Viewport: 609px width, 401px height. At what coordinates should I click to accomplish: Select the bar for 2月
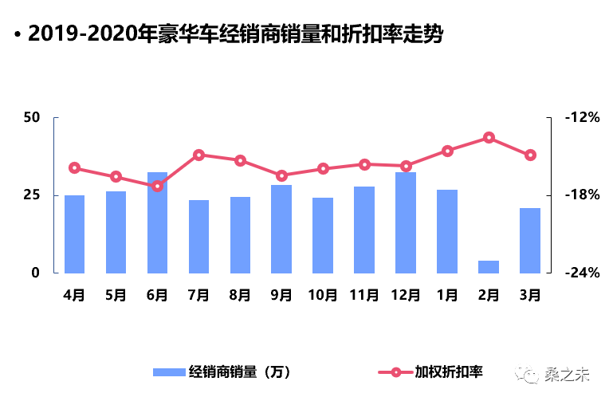coord(489,266)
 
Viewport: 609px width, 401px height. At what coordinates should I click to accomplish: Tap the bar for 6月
coord(157,222)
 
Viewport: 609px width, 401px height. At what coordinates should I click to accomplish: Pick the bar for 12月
coord(406,222)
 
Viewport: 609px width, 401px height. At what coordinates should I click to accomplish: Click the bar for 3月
coord(530,240)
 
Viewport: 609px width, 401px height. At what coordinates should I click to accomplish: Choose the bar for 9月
coord(281,229)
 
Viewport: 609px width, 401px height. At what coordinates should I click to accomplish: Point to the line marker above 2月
coord(489,138)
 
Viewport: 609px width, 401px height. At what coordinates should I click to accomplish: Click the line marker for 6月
coord(157,186)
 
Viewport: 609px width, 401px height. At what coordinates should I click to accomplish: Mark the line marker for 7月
coord(198,155)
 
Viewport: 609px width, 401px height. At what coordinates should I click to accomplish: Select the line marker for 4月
coord(74,167)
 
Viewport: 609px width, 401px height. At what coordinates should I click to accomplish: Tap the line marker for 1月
coord(447,151)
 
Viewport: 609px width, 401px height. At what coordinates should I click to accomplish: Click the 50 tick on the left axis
coord(31,118)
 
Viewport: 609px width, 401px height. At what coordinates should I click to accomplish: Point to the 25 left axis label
coord(31,195)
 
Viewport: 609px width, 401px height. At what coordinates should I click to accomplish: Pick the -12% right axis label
coord(581,118)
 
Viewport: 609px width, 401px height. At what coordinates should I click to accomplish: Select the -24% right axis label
coord(581,273)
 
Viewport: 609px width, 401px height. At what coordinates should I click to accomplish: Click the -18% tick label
coord(581,195)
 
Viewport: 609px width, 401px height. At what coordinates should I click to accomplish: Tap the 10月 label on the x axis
coord(323,296)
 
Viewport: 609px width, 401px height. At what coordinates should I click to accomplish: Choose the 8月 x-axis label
coord(240,296)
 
